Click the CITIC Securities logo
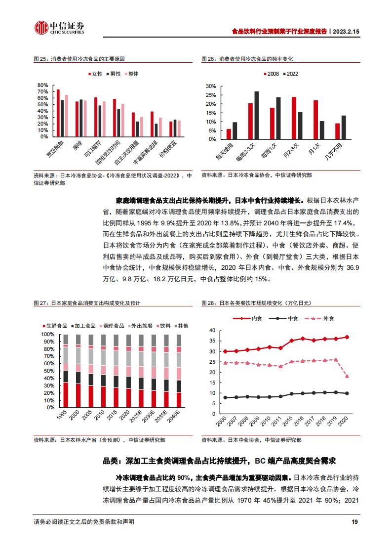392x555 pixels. tap(59, 28)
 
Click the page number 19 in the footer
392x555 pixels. tap(354, 522)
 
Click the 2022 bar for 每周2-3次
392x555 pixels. tap(256, 115)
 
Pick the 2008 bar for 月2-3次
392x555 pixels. tap(294, 118)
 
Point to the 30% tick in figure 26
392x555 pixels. tap(211, 86)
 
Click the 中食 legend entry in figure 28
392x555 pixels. tap(289, 319)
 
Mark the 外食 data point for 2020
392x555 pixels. tap(347, 376)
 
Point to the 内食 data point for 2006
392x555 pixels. tap(226, 351)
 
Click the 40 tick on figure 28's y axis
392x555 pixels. tap(211, 330)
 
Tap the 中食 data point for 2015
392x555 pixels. tap(291, 394)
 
